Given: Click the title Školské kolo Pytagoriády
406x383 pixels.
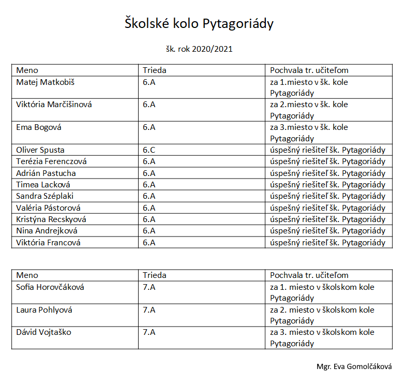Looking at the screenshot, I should pyautogui.click(x=199, y=24).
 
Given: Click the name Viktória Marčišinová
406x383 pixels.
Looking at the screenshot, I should pyautogui.click(x=54, y=105).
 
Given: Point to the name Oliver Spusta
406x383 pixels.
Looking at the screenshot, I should pyautogui.click(x=40, y=150).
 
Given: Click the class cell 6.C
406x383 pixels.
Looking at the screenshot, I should pyautogui.click(x=149, y=150).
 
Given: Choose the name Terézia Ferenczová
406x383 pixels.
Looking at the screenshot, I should pyautogui.click(x=51, y=161).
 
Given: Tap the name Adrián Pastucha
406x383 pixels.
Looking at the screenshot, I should pyautogui.click(x=46, y=173).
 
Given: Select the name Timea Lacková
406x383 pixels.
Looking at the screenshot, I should pyautogui.click(x=43, y=184).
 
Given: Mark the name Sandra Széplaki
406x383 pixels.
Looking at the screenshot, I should pyautogui.click(x=46, y=196).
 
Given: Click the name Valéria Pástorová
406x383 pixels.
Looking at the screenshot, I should pyautogui.click(x=49, y=208).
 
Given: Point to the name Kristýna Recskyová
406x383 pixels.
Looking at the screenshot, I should pyautogui.click(x=51, y=219).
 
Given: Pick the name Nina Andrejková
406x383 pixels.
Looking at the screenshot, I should pyautogui.click(x=47, y=231).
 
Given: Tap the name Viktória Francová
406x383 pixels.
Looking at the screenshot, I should pyautogui.click(x=48, y=242).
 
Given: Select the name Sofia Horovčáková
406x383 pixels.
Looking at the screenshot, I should pyautogui.click(x=50, y=287).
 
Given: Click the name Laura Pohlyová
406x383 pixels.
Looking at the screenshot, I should pyautogui.click(x=44, y=310).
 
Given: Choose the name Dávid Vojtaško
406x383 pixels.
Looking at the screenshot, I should pyautogui.click(x=43, y=332).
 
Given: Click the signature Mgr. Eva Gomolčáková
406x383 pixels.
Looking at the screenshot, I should pyautogui.click(x=354, y=366).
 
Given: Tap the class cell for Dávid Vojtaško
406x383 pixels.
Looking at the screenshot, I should pyautogui.click(x=149, y=332).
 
